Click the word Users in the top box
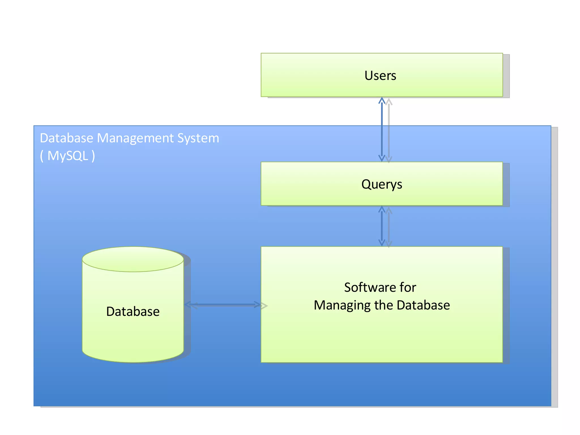tap(380, 76)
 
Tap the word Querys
tap(381, 184)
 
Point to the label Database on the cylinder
tap(133, 312)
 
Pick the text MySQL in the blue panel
tap(68, 156)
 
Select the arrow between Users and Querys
tap(382, 130)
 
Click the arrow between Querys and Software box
tap(382, 226)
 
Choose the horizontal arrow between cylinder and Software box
tap(222, 305)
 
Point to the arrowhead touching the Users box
tap(382, 100)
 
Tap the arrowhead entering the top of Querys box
tap(382, 159)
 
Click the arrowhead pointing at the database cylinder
tap(188, 305)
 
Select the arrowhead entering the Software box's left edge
tap(257, 305)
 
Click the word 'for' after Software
tap(408, 287)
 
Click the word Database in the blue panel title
tap(67, 138)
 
